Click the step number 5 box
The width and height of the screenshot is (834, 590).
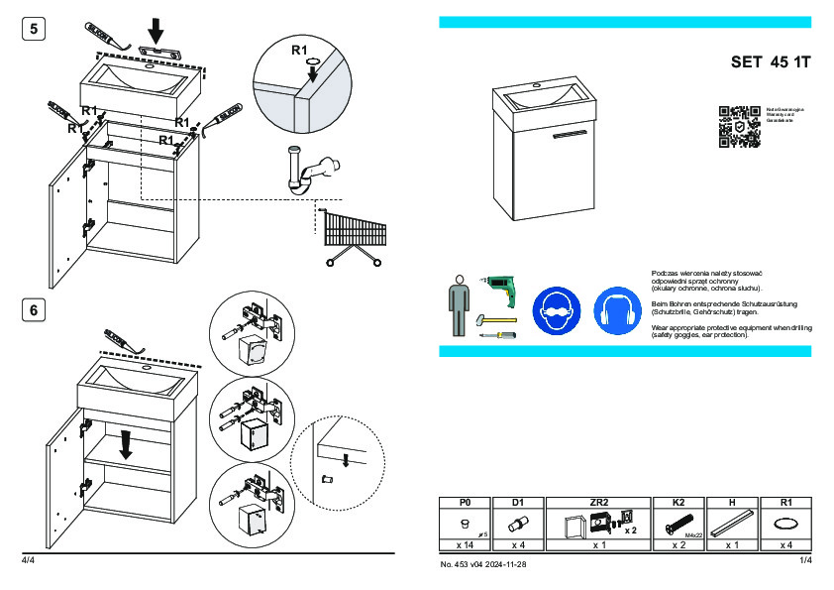click(x=34, y=30)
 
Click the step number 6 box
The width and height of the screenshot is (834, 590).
click(x=34, y=310)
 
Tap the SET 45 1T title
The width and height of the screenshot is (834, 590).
click(x=771, y=62)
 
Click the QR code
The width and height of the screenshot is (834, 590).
click(x=738, y=126)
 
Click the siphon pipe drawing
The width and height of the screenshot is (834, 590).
click(x=307, y=171)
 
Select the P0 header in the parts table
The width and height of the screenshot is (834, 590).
click(x=466, y=503)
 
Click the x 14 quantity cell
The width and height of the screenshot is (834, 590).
click(x=466, y=545)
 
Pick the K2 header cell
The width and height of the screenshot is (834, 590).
click(x=678, y=503)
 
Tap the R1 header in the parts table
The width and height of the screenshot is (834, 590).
click(x=785, y=503)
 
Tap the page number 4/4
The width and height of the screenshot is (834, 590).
click(x=28, y=561)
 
